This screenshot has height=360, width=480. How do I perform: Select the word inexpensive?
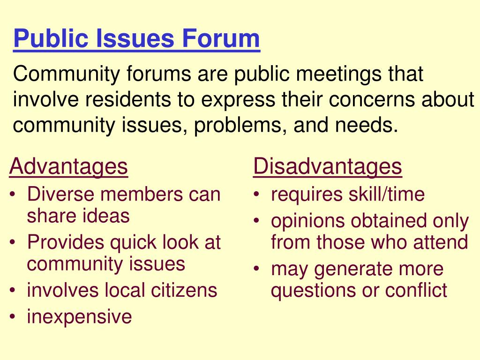79,316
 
